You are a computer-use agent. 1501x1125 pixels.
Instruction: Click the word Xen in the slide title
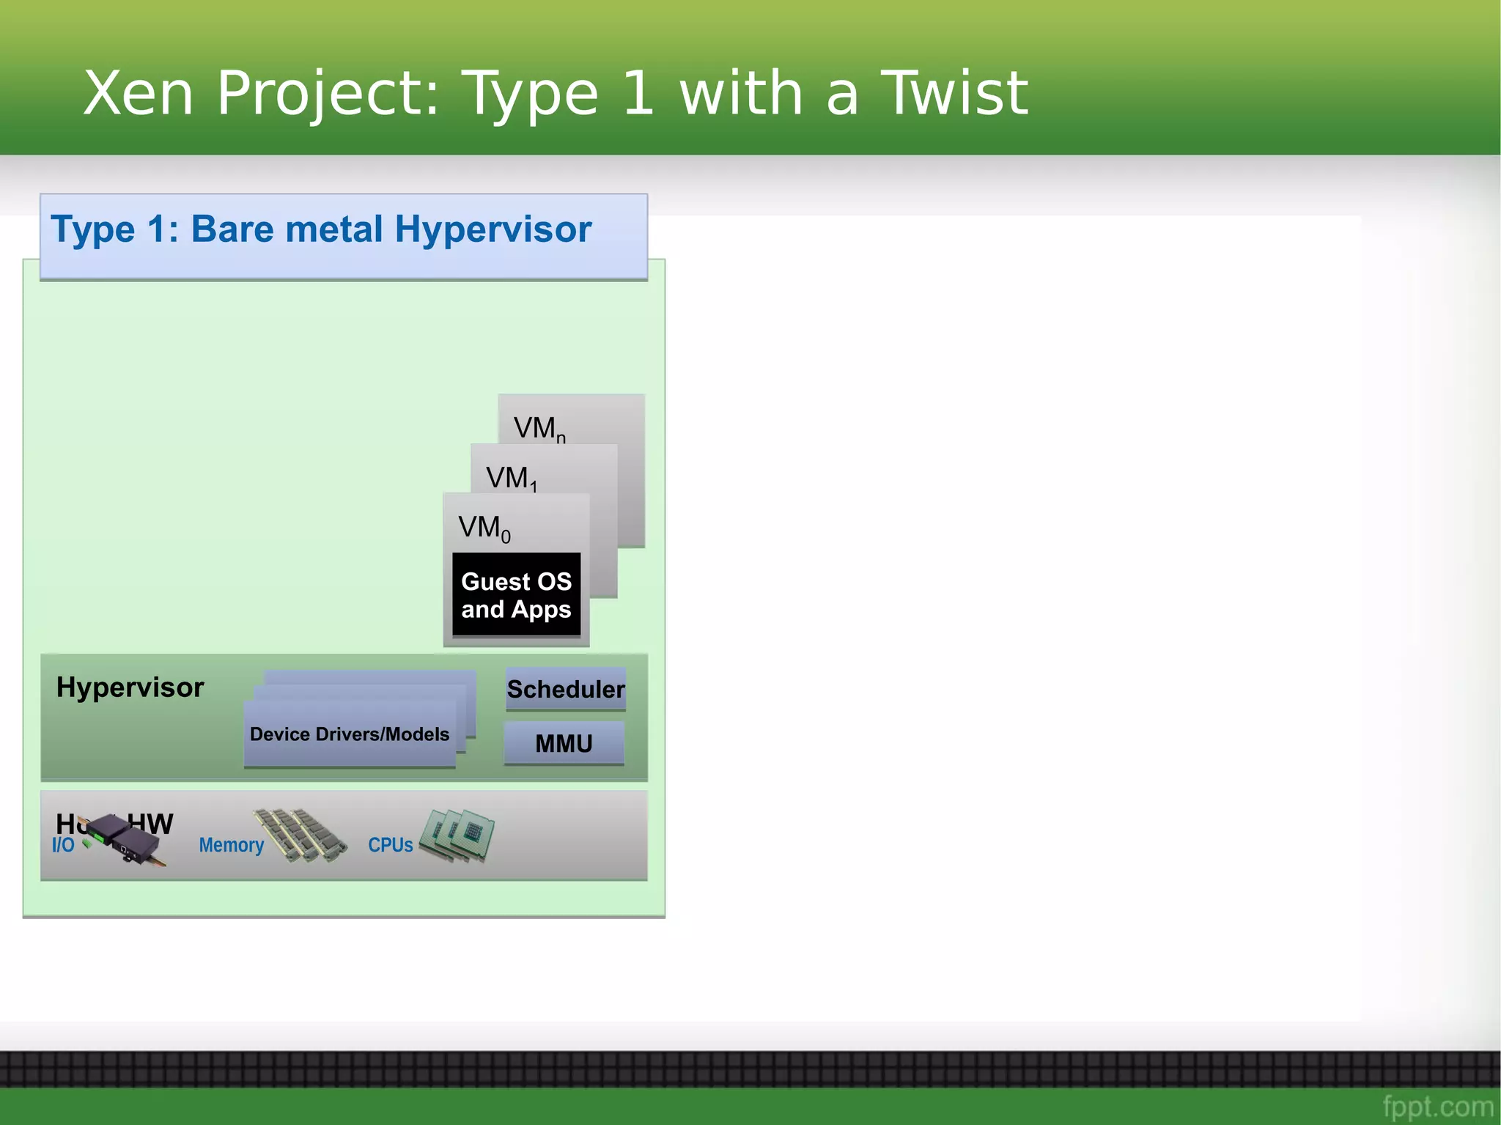(139, 93)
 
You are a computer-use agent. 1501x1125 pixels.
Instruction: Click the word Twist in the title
(954, 93)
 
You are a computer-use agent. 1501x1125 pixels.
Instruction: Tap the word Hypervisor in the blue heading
(493, 229)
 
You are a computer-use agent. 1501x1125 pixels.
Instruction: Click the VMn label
(539, 428)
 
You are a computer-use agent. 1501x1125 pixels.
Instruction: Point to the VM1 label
(511, 478)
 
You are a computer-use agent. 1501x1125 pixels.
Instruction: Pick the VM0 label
(484, 528)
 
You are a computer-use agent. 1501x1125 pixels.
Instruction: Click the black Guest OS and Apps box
(516, 594)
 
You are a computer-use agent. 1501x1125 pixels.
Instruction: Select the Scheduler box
(565, 689)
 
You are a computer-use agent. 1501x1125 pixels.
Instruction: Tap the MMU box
(564, 743)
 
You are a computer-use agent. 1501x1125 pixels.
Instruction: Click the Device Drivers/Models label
(349, 734)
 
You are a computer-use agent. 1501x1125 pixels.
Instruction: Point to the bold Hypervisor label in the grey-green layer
(130, 687)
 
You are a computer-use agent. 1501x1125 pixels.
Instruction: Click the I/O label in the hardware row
(63, 845)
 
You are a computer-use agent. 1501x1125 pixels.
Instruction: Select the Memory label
(231, 845)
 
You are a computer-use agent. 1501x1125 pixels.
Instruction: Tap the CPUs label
(390, 845)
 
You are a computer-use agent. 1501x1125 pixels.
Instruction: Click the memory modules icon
(300, 835)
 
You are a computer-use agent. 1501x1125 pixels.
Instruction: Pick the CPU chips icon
(460, 835)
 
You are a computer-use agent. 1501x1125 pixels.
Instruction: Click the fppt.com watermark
(1437, 1105)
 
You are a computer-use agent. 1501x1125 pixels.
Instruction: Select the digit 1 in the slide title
(638, 93)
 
